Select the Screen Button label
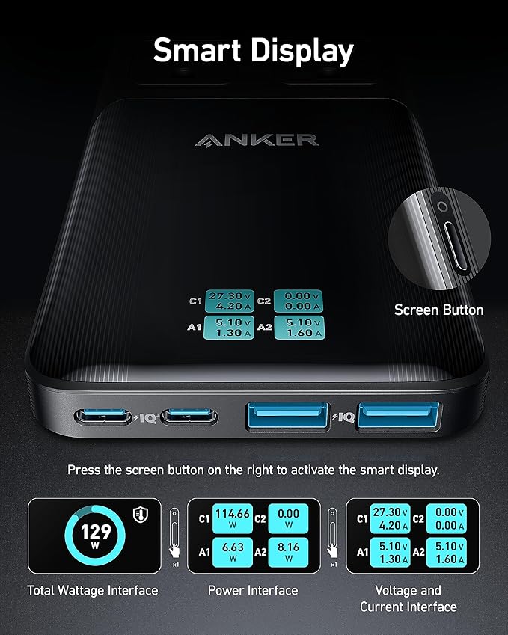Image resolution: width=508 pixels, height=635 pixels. [x=438, y=310]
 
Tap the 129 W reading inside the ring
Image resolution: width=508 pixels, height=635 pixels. [x=96, y=536]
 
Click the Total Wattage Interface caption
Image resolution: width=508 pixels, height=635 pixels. [x=93, y=590]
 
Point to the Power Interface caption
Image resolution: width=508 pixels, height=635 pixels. [x=253, y=590]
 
